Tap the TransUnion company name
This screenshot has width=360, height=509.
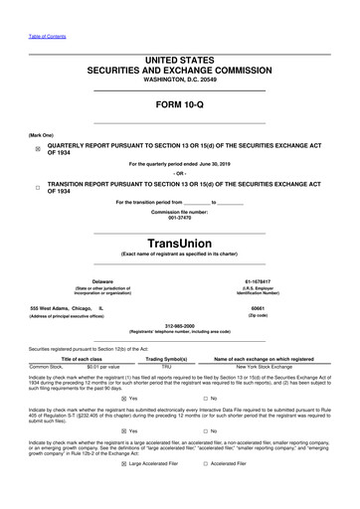179,241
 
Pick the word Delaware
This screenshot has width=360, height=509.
102,282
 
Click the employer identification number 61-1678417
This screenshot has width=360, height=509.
258,282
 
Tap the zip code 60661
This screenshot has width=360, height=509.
258,308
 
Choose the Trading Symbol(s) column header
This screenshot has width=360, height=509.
167,358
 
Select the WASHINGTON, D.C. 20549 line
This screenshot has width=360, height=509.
179,80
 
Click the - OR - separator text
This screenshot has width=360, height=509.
179,173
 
